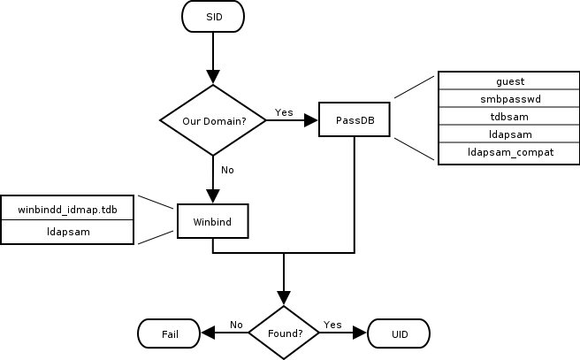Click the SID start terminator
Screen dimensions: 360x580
pos(213,18)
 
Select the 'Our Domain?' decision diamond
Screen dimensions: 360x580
pos(213,119)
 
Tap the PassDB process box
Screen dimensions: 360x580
pos(355,119)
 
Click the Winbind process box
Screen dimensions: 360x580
pos(212,222)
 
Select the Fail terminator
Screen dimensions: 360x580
pos(170,333)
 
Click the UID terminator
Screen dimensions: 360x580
pos(399,333)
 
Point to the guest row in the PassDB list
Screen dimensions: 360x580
pos(510,81)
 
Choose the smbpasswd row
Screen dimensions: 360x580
pos(510,99)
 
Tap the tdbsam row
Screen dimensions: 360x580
pos(510,117)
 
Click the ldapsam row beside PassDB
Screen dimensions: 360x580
pos(510,134)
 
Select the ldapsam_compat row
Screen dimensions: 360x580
pos(510,152)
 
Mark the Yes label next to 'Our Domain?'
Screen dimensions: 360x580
pos(284,112)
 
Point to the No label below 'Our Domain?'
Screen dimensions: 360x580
pos(227,169)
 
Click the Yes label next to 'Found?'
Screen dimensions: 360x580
pos(332,325)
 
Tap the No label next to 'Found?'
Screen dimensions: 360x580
pos(236,325)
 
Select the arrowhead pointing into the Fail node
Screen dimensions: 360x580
pos(208,333)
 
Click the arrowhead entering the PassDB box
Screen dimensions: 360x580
pos(312,119)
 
